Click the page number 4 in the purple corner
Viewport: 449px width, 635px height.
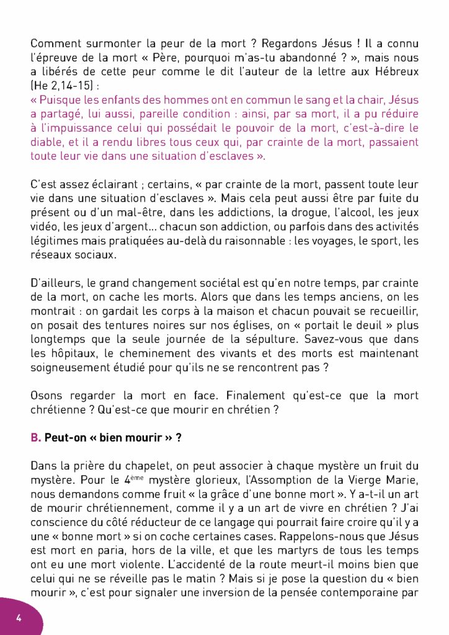19,618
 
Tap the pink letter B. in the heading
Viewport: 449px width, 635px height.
36,437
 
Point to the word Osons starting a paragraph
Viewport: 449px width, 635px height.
47,396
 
